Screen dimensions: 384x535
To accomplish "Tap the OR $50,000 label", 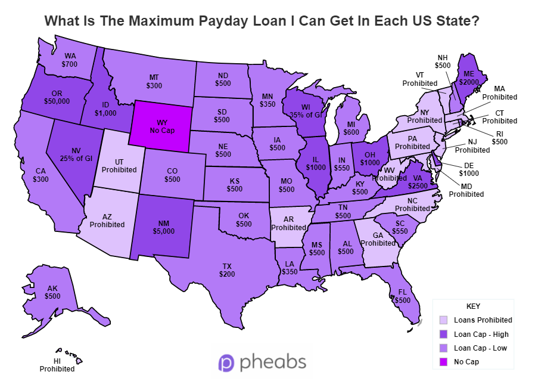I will click(57, 97).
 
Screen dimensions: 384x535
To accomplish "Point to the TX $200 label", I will click(227, 270).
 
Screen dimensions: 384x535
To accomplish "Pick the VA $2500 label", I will click(418, 181).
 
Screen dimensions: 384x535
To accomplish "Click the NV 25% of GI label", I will click(72, 154).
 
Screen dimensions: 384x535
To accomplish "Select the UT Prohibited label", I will click(119, 166).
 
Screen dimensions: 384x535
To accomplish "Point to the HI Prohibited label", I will click(57, 364).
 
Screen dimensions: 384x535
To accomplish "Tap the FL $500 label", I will click(403, 296).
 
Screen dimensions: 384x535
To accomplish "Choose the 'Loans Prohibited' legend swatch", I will click(443, 320).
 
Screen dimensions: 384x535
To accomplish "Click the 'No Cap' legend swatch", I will click(443, 361).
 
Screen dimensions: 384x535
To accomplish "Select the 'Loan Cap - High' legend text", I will click(481, 334).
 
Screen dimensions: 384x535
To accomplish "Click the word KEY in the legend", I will click(473, 306).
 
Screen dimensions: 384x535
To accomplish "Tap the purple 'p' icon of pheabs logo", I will click(226, 362).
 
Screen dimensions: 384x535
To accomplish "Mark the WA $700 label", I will click(70, 60).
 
